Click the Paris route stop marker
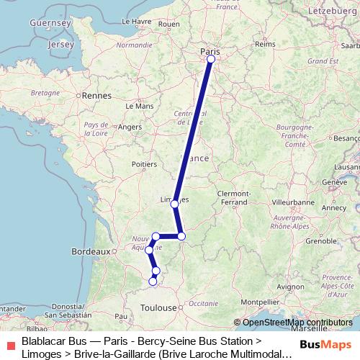pos(211,60)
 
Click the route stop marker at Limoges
pos(174,204)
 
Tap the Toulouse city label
pos(158,307)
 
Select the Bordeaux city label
pos(90,252)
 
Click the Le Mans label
pos(140,106)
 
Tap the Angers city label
pos(130,127)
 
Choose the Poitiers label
pos(145,164)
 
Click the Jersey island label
pos(58,45)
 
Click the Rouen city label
pos(168,24)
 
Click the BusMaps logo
pos(329,344)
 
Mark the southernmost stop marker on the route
pos(153,282)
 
